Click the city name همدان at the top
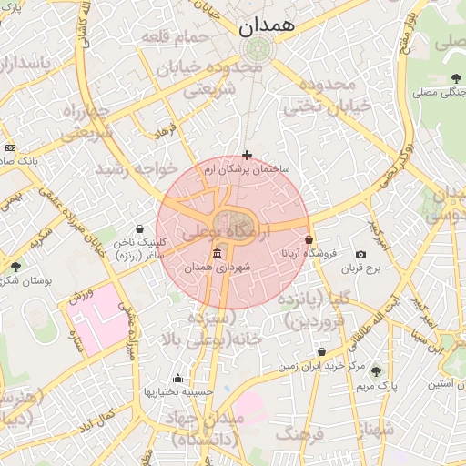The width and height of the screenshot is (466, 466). (x=268, y=27)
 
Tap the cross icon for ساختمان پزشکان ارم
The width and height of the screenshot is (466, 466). (x=247, y=156)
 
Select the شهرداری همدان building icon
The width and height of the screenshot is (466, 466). (x=216, y=253)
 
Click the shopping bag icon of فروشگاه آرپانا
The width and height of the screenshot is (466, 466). (x=309, y=239)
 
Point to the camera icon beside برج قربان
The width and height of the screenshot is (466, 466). (x=360, y=254)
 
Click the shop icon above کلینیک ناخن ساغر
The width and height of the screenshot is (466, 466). (x=138, y=229)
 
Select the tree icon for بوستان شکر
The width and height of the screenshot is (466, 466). (x=15, y=266)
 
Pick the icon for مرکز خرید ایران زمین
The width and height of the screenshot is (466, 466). (x=321, y=352)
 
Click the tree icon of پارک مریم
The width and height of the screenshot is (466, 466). (x=376, y=371)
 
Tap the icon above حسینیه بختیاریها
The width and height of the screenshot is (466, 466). (x=177, y=379)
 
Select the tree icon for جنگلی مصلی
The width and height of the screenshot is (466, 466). (x=455, y=78)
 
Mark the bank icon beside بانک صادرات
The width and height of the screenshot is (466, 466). (x=10, y=147)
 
